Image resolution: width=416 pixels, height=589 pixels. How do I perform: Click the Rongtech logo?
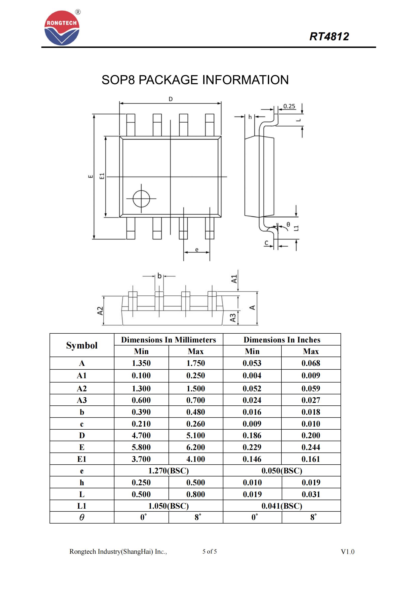pyautogui.click(x=62, y=28)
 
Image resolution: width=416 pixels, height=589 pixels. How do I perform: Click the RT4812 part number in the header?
pyautogui.click(x=329, y=37)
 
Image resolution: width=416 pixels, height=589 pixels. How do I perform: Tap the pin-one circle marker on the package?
pyautogui.click(x=141, y=198)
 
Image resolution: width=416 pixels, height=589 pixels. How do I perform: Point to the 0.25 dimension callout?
pyautogui.click(x=289, y=106)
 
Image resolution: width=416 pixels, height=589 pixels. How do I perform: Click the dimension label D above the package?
pyautogui.click(x=171, y=99)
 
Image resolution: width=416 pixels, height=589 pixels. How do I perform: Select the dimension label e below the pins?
pyautogui.click(x=196, y=250)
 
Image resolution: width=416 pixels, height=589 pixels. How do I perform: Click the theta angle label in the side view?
pyautogui.click(x=288, y=224)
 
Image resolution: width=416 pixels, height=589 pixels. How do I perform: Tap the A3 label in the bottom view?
pyautogui.click(x=233, y=318)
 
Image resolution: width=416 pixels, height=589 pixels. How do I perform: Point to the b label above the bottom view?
pyautogui.click(x=159, y=276)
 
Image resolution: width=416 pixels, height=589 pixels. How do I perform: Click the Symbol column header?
pyautogui.click(x=82, y=345)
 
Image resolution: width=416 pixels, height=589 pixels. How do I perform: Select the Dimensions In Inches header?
pyautogui.click(x=282, y=340)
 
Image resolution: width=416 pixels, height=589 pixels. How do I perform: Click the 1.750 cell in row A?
pyautogui.click(x=195, y=363)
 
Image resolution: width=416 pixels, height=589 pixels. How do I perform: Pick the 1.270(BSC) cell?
pyautogui.click(x=168, y=471)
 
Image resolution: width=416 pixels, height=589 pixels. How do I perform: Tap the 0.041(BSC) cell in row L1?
pyautogui.click(x=282, y=506)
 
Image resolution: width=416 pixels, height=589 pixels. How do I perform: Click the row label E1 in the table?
pyautogui.click(x=82, y=459)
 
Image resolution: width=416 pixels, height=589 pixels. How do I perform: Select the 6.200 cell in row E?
pyautogui.click(x=195, y=447)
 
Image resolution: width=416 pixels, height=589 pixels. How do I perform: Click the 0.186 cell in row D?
pyautogui.click(x=252, y=435)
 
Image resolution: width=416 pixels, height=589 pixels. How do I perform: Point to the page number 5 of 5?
pyautogui.click(x=209, y=551)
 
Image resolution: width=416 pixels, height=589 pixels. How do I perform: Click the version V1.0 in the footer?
pyautogui.click(x=347, y=552)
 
